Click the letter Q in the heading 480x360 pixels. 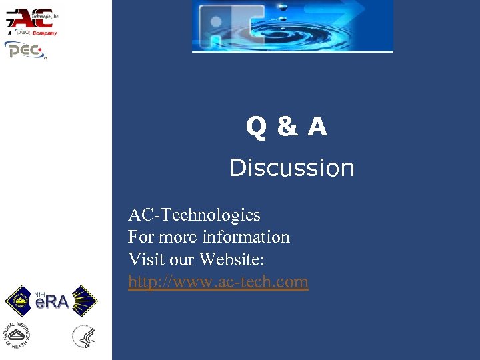(257, 126)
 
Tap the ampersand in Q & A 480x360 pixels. (287, 126)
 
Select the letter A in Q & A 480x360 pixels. (317, 126)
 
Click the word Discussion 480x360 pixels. (292, 168)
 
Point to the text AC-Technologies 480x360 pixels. (194, 215)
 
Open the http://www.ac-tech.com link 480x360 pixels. (218, 282)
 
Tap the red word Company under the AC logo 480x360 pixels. (44, 33)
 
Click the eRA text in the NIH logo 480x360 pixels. (51, 303)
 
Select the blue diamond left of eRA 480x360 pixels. (19, 301)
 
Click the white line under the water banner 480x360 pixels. (293, 51)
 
